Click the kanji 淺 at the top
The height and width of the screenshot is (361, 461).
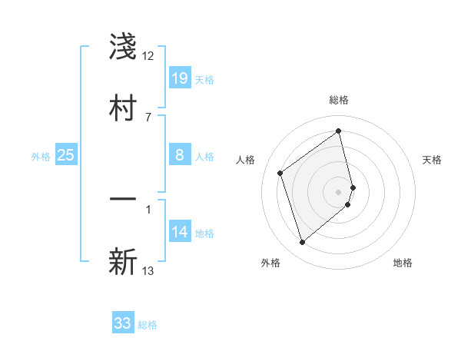tap(123, 48)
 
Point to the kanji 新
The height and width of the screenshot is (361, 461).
tap(123, 261)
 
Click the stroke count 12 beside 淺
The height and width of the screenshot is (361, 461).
tap(148, 56)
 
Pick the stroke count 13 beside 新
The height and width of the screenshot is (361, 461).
tap(148, 270)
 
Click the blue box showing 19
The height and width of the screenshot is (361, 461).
tap(180, 78)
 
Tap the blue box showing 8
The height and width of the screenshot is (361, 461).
tap(180, 156)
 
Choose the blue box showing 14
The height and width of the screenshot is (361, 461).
tap(180, 233)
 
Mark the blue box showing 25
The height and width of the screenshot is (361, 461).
tap(66, 156)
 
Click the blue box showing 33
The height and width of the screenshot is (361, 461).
tap(123, 323)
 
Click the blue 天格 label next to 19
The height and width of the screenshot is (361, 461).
tap(204, 80)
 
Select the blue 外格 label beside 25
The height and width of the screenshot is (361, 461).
tap(41, 157)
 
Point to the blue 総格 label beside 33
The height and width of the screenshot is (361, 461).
tap(148, 325)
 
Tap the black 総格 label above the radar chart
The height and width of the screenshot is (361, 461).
tap(339, 100)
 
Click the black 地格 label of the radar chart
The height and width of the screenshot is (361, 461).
tap(403, 263)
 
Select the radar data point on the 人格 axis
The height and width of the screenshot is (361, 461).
tap(280, 173)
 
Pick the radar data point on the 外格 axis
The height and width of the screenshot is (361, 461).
tap(302, 243)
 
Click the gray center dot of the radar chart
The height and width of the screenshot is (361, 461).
tap(339, 190)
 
